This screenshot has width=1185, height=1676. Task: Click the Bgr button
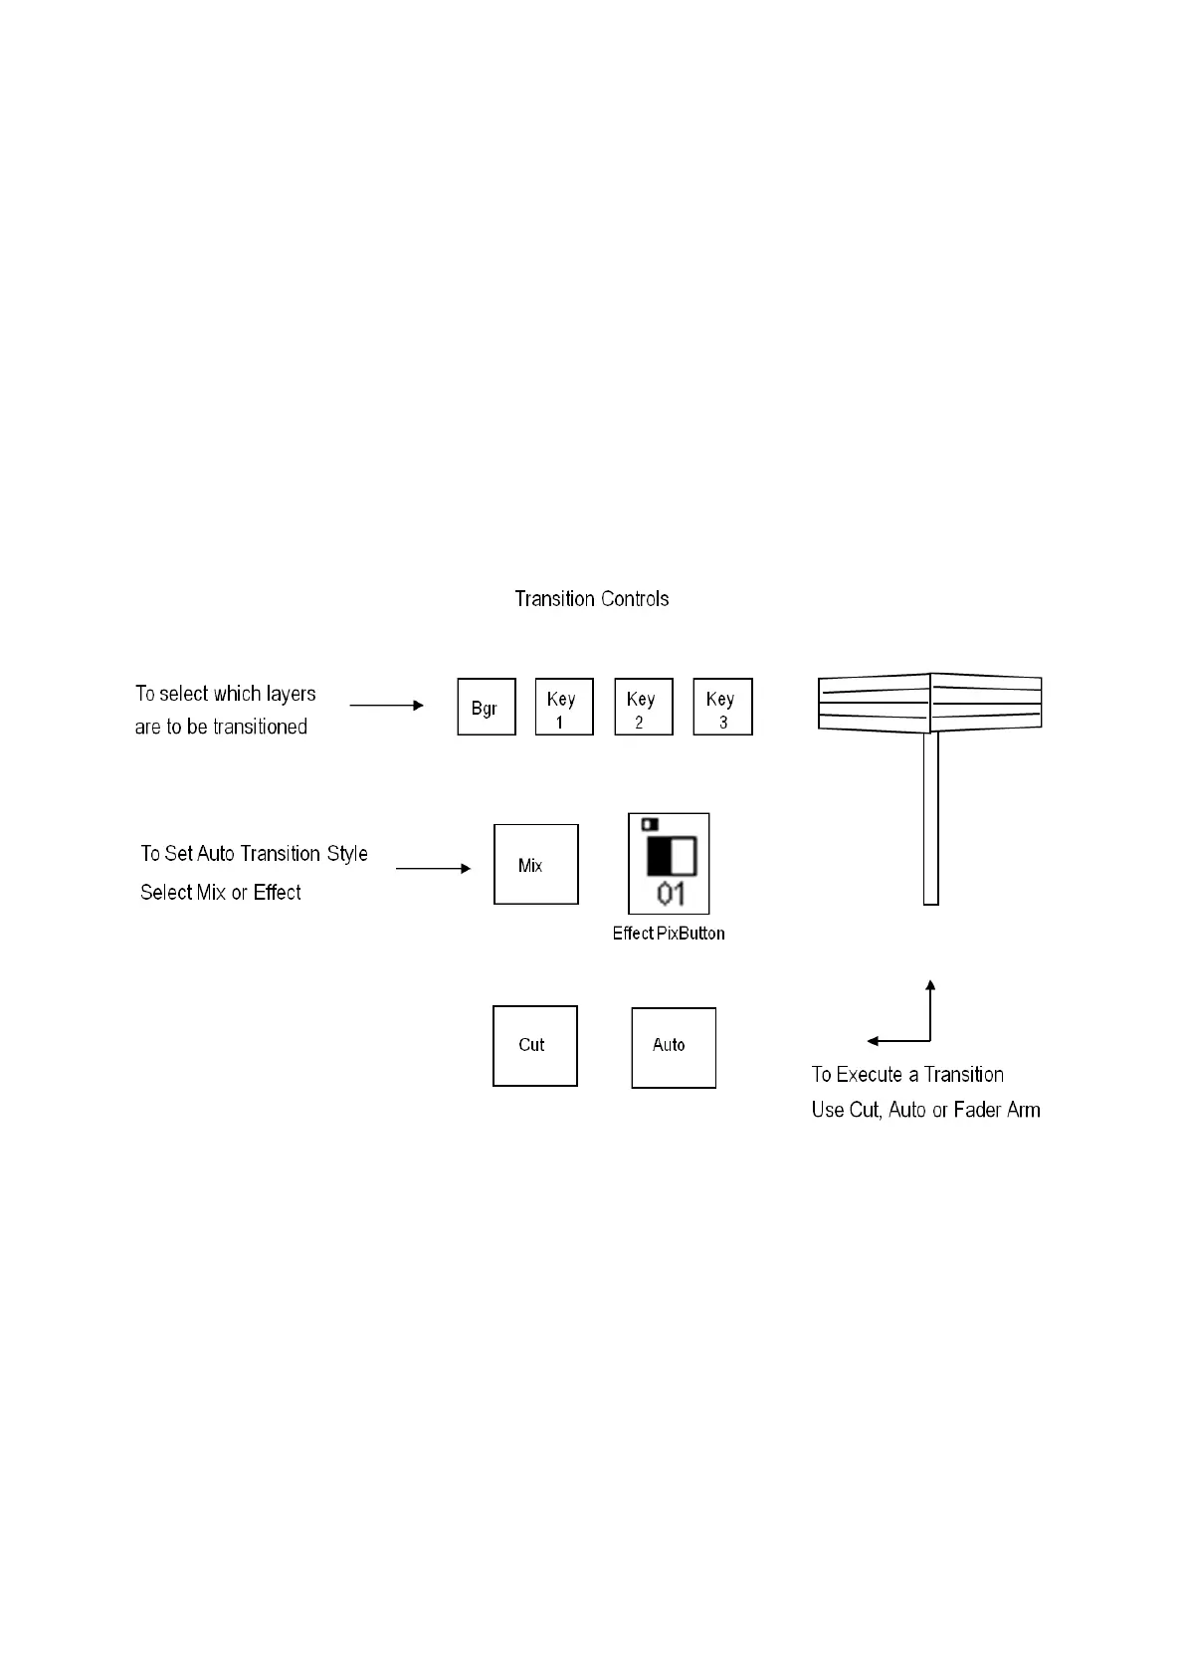486,707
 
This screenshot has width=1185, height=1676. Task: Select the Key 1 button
563,707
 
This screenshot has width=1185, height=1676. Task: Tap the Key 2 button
643,707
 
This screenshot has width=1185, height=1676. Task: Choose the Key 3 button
722,707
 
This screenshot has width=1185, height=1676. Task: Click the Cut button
534,1045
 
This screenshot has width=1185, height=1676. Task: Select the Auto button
673,1047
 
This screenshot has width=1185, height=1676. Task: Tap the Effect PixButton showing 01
669,863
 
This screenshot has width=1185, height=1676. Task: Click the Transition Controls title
591,599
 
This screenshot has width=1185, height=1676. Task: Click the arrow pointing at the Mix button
433,868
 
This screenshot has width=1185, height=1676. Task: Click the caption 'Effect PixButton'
668,934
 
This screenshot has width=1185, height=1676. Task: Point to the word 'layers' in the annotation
291,694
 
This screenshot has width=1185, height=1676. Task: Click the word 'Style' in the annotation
347,854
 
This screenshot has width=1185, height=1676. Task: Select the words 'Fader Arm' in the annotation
996,1110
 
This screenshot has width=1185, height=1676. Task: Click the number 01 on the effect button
671,894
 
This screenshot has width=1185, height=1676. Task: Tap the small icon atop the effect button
650,824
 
